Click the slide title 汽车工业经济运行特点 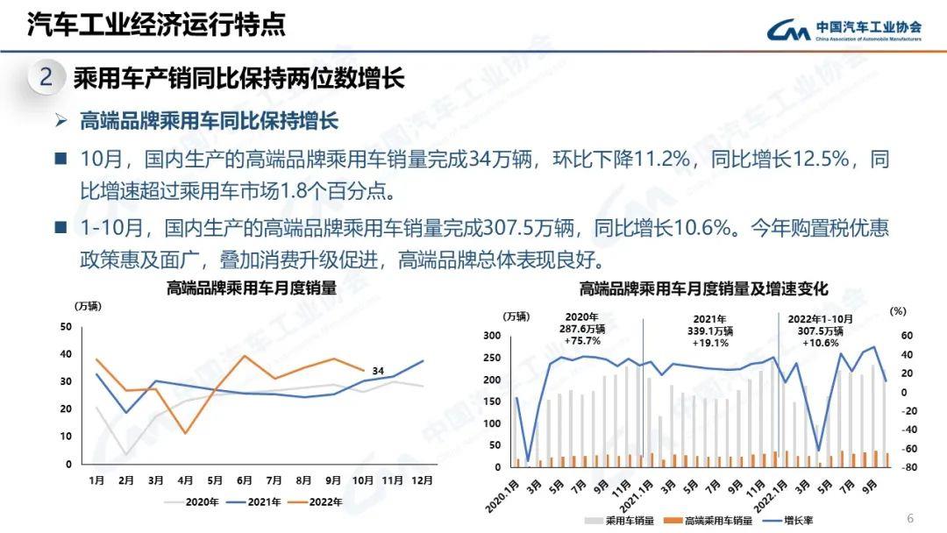(x=156, y=25)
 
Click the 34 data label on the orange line (x=377, y=371)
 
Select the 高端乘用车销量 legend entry (x=711, y=520)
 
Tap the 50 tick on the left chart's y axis (x=66, y=327)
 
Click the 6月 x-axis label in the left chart (x=244, y=480)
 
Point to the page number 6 (x=909, y=516)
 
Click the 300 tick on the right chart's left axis (x=492, y=336)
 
